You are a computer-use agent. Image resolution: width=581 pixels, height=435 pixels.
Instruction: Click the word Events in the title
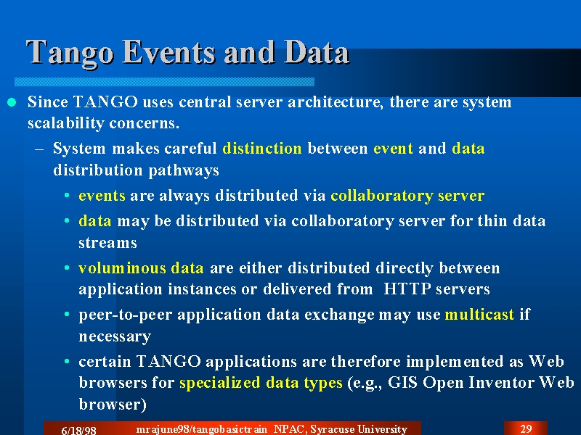click(x=169, y=51)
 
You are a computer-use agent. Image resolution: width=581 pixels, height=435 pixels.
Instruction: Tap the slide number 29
click(x=526, y=428)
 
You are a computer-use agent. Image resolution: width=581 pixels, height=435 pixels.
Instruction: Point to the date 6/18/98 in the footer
click(x=78, y=430)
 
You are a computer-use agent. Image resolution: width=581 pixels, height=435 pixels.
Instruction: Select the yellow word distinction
click(x=262, y=149)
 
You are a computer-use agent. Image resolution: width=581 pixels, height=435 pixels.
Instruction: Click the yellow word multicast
click(x=479, y=315)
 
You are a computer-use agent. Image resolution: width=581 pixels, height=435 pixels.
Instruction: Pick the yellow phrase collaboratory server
click(x=407, y=196)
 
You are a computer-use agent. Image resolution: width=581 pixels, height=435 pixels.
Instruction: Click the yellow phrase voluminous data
click(x=141, y=268)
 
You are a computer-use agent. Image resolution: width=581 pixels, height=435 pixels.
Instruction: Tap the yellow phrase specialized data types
click(x=261, y=384)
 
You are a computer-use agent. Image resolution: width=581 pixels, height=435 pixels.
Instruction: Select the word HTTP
click(x=407, y=289)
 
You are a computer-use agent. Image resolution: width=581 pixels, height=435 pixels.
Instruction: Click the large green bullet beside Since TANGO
click(x=12, y=102)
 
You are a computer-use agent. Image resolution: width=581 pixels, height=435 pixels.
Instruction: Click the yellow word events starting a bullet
click(x=102, y=196)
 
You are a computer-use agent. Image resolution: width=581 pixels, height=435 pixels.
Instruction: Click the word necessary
click(x=115, y=336)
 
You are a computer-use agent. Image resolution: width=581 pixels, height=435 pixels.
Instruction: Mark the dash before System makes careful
click(x=39, y=149)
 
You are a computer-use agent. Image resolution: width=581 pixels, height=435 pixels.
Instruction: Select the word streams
click(x=107, y=243)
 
